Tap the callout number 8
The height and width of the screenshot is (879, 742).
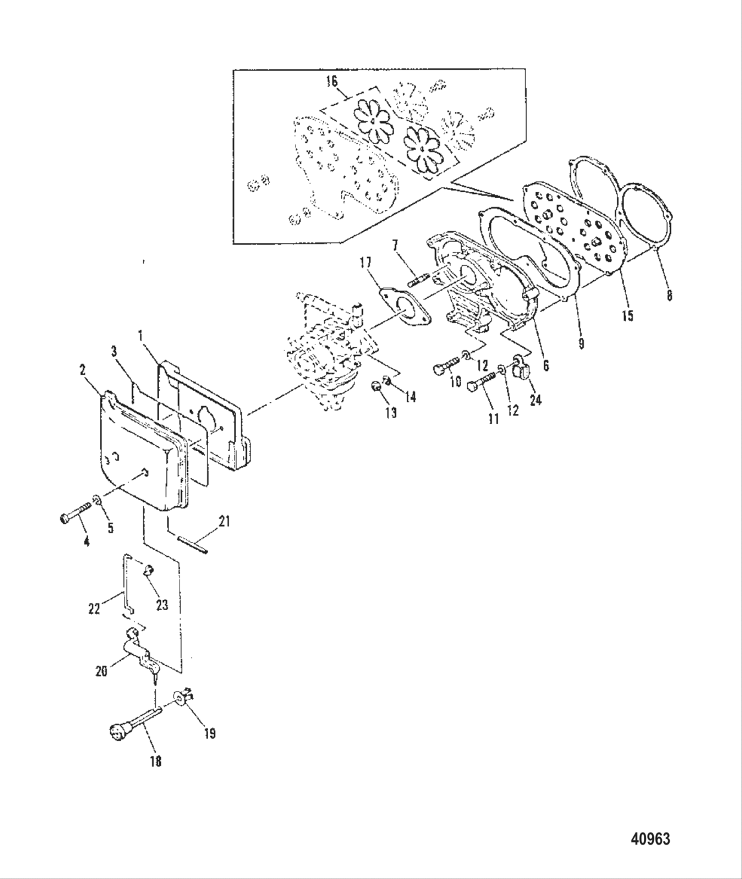[x=670, y=296]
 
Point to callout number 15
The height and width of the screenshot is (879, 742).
[x=627, y=315]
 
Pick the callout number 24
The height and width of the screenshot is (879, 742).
[x=535, y=400]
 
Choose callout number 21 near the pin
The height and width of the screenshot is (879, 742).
[x=224, y=522]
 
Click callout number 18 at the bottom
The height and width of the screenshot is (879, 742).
[x=156, y=761]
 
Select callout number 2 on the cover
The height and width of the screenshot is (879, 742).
[x=83, y=370]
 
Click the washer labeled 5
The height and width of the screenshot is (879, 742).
[x=97, y=516]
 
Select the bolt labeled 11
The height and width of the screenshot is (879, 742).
[x=482, y=384]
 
